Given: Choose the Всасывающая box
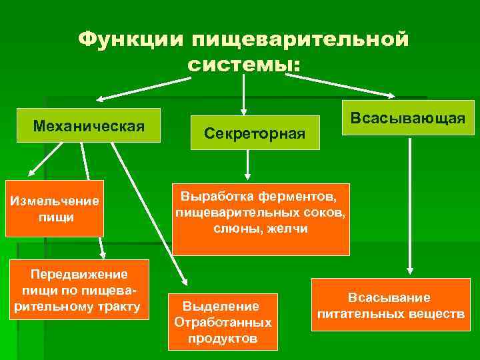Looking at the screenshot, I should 408,118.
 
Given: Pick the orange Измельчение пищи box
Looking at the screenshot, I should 55,209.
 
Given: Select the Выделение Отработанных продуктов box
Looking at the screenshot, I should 222,322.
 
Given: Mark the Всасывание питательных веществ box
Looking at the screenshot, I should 390,305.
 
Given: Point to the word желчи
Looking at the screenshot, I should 289,228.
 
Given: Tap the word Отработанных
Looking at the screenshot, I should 222,323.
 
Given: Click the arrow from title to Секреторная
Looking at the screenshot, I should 244,93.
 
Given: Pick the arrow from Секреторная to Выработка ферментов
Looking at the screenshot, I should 247,163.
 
